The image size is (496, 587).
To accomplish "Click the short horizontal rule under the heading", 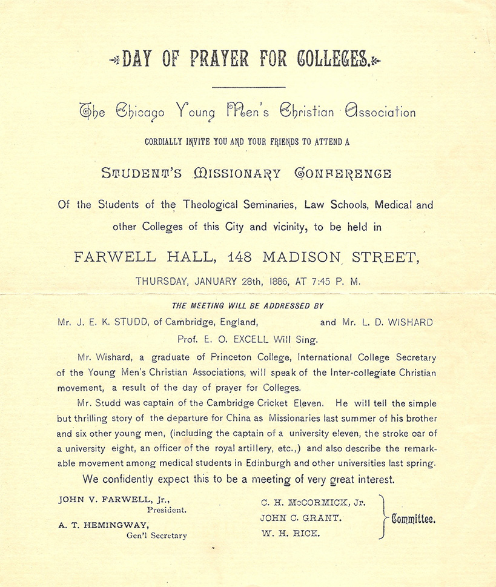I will click(x=249, y=88).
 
